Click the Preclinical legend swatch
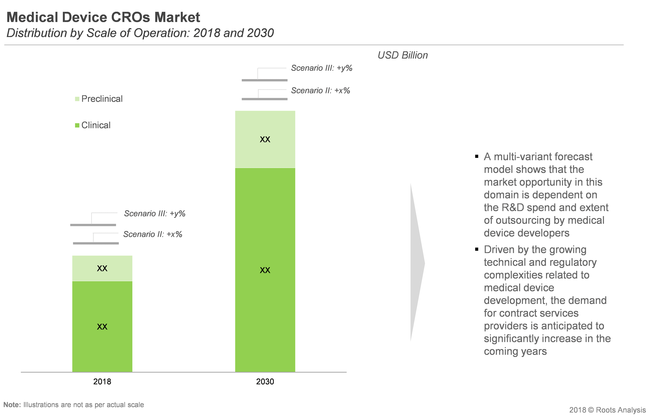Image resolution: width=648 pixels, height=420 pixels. point(77,99)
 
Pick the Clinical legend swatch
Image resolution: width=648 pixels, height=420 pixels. point(77,125)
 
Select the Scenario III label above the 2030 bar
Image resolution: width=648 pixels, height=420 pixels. point(322,68)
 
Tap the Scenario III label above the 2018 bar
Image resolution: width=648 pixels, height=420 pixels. point(155,213)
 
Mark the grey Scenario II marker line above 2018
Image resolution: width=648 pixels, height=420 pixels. point(96,243)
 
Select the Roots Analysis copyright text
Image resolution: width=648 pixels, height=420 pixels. point(607,410)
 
